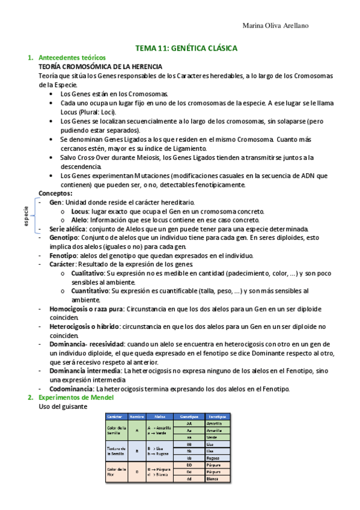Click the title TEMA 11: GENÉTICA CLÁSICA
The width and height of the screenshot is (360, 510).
pos(186,48)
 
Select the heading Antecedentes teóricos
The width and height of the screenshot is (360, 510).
pos(67,58)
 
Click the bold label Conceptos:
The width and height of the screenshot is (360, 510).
pos(55,193)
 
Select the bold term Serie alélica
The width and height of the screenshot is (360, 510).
pos(68,229)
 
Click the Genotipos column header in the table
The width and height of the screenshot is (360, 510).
pos(190,416)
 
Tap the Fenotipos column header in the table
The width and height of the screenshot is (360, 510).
pos(217,416)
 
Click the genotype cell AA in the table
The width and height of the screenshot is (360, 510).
pos(190,423)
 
